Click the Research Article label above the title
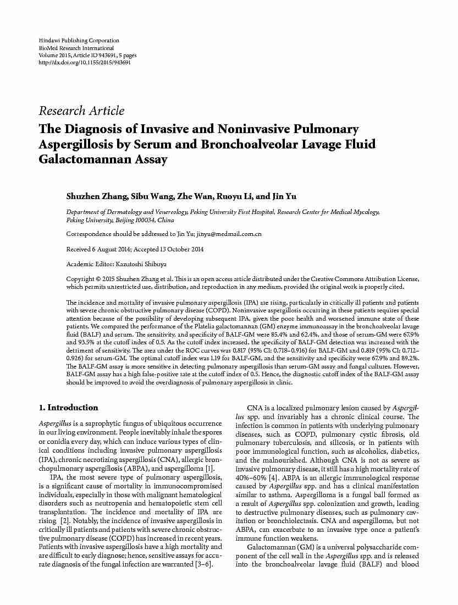[x=81, y=111]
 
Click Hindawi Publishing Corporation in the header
[x=79, y=41]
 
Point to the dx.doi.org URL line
[x=85, y=63]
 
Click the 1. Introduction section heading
[x=69, y=408]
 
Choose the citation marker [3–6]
[x=203, y=565]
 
